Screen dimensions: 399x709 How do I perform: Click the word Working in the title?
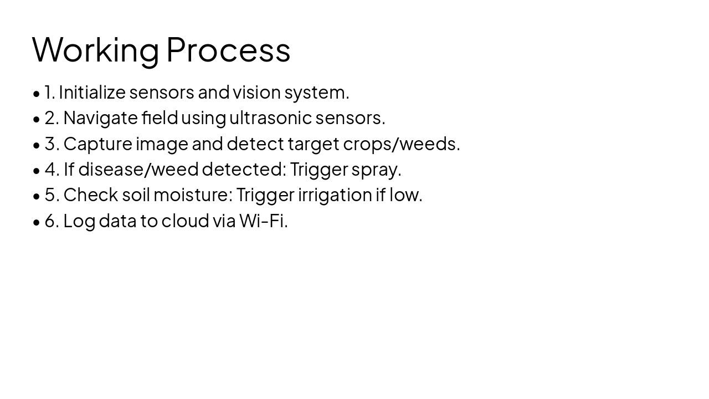tap(95, 50)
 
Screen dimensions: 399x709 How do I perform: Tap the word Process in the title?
tap(228, 50)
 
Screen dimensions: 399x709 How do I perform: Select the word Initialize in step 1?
tap(92, 92)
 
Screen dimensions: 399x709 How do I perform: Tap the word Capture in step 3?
tap(97, 144)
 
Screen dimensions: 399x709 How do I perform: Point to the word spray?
tap(374, 170)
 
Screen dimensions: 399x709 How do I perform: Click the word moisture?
tap(191, 195)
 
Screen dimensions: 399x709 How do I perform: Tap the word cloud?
tap(185, 221)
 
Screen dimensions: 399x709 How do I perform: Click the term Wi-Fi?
tap(262, 221)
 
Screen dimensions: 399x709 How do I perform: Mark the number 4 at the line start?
tap(50, 169)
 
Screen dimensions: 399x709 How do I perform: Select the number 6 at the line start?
tap(50, 221)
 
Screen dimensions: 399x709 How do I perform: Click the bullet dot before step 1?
tap(37, 93)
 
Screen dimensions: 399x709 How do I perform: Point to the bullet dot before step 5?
tap(37, 196)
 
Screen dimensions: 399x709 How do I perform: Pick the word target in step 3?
tap(313, 144)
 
